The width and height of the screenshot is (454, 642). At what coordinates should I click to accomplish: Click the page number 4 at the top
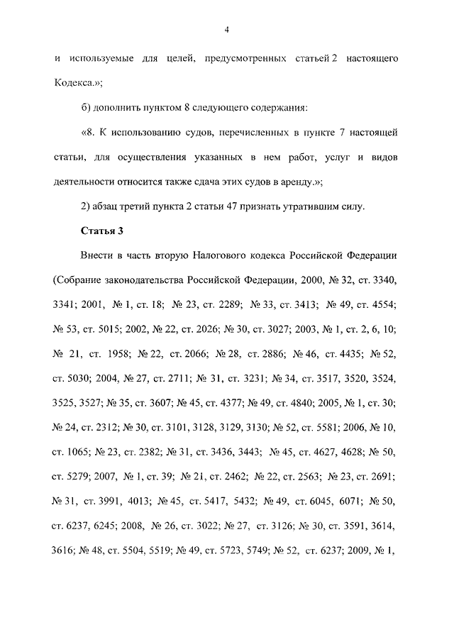coord(226,29)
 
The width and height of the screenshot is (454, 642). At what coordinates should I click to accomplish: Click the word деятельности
coord(84,182)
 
